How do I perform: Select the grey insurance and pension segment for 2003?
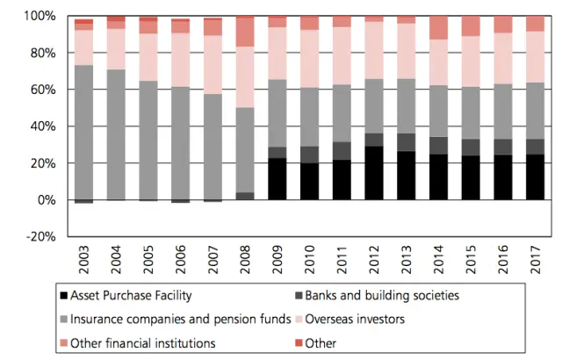click(x=84, y=132)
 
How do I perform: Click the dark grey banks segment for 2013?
click(x=406, y=142)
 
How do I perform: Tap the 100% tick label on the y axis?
click(x=40, y=17)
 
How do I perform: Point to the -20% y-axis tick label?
click(x=40, y=237)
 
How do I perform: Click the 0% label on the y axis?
click(x=45, y=200)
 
